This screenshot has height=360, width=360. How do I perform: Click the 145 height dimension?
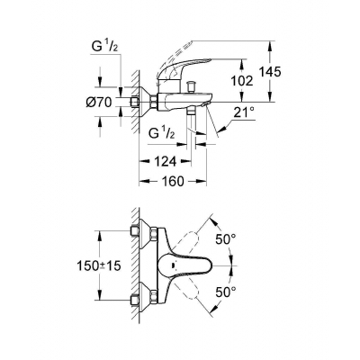[270, 72]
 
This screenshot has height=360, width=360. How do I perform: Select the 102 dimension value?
[242, 81]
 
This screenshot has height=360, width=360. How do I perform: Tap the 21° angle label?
[244, 112]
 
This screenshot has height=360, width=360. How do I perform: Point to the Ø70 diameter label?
[99, 103]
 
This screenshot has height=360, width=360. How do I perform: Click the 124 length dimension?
[165, 162]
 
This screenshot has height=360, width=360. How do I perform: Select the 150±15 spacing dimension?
[99, 265]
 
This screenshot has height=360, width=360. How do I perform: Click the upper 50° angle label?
[226, 239]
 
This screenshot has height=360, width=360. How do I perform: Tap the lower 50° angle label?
[226, 292]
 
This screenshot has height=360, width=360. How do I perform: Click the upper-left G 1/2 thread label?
[104, 47]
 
